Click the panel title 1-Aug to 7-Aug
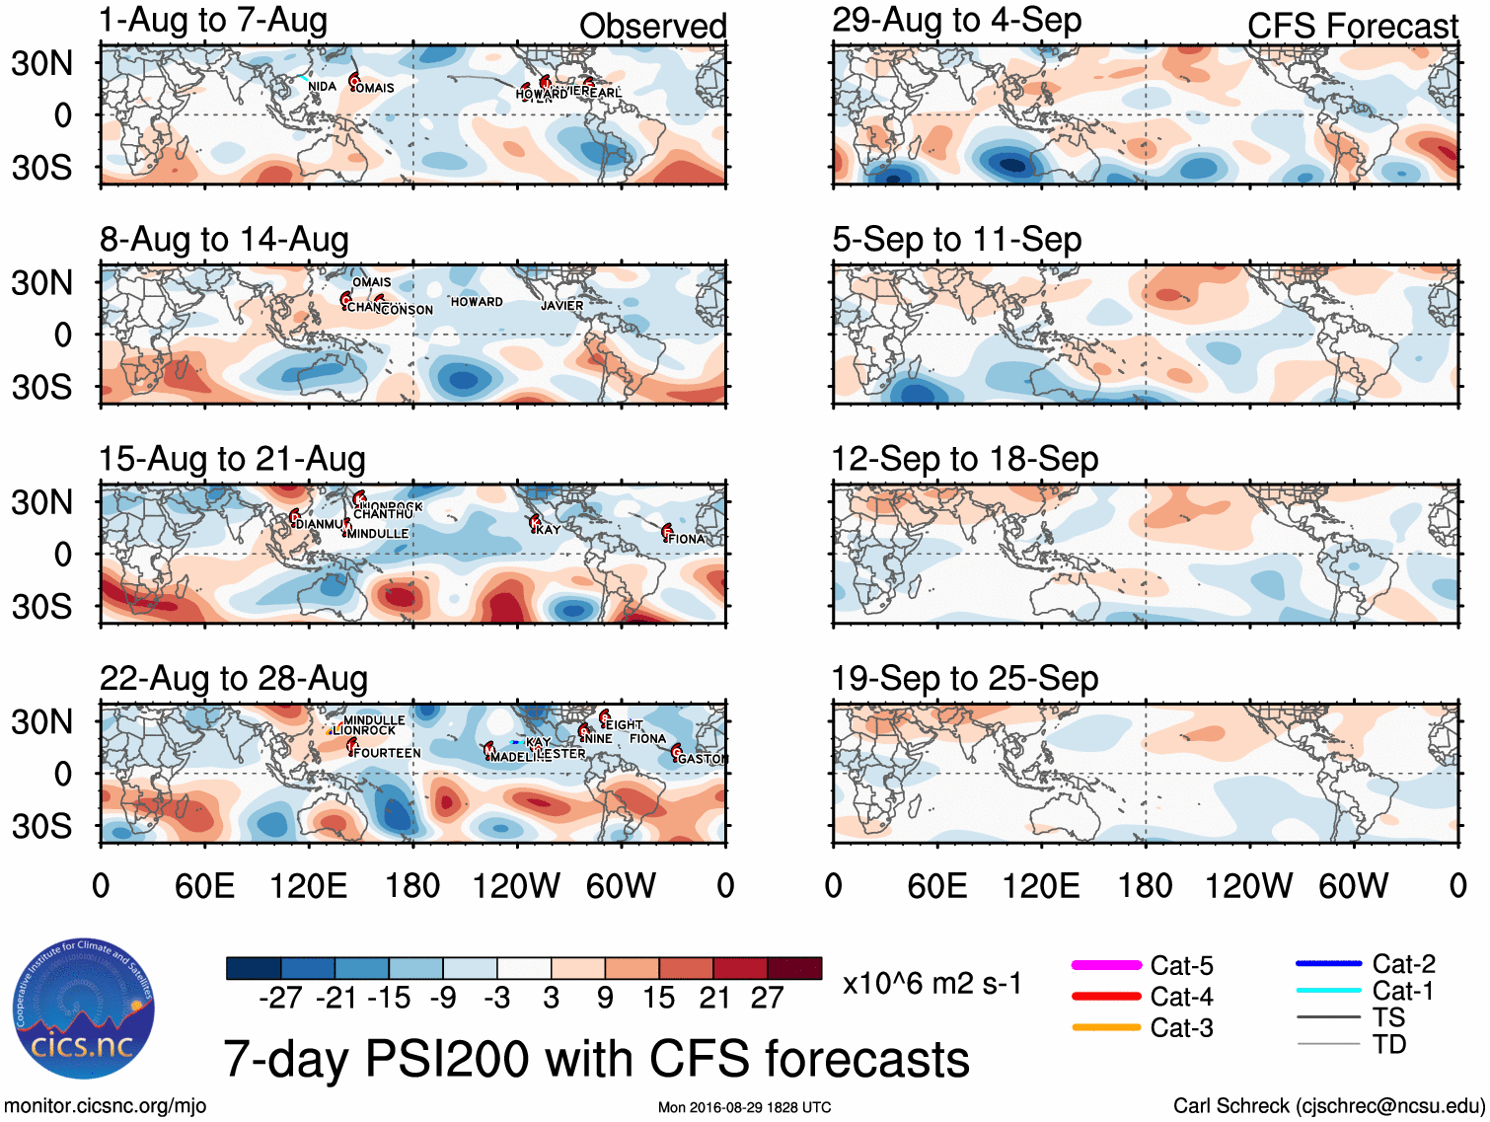213,21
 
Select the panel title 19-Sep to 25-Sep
964,679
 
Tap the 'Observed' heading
652,27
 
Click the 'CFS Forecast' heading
1352,27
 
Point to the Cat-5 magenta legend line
1106,965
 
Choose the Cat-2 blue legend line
1328,963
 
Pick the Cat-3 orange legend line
1106,1027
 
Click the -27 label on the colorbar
280,999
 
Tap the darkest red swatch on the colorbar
794,968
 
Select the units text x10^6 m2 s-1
931,984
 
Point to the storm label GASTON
702,759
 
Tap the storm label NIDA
322,87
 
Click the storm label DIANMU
321,524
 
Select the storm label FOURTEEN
387,753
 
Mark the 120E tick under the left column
309,885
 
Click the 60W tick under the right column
1353,885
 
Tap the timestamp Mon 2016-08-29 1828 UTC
744,1107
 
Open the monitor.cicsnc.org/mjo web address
106,1106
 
